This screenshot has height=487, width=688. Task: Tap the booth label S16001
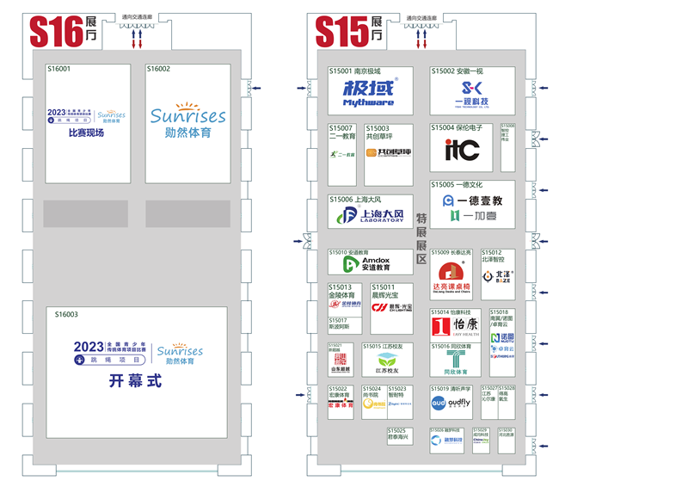[x=59, y=69]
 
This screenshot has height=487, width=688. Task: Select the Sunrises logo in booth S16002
[x=187, y=116]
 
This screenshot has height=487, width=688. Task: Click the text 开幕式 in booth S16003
[x=134, y=380]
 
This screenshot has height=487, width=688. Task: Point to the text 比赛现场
[x=86, y=133]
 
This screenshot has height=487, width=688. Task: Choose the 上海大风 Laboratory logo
[x=370, y=215]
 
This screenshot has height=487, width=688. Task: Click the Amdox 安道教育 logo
[x=367, y=264]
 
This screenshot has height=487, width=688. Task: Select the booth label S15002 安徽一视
[x=458, y=71]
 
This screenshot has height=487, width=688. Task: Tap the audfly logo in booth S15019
[x=451, y=402]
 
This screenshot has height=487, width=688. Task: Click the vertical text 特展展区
[x=421, y=237]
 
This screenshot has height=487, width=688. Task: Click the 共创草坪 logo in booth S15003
[x=384, y=152]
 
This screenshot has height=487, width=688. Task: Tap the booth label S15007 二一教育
[x=341, y=132]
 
